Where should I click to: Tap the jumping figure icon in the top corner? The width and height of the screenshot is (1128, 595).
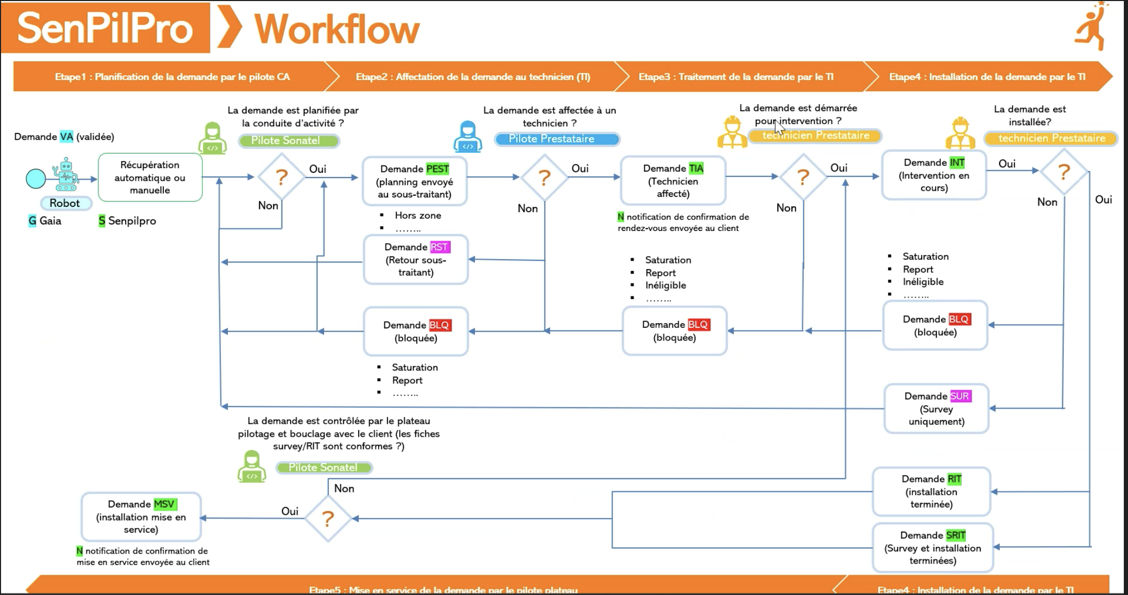(1092, 26)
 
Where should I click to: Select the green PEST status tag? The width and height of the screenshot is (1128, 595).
(437, 169)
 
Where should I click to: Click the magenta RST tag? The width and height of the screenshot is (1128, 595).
(439, 247)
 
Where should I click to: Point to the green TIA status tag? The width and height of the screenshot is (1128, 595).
(696, 168)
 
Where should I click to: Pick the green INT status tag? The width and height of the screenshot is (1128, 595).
(957, 162)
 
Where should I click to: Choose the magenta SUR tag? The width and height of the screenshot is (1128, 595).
(960, 396)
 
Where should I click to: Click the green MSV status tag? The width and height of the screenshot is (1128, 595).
(164, 504)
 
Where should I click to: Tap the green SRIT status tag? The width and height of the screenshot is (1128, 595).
(956, 535)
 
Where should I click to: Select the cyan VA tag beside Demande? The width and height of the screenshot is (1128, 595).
(67, 137)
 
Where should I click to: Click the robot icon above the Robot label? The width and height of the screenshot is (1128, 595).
(65, 174)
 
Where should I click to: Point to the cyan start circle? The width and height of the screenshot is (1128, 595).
(36, 179)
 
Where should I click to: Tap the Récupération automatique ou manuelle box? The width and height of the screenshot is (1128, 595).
(150, 177)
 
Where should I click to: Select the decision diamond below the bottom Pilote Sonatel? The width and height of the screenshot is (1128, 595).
(328, 519)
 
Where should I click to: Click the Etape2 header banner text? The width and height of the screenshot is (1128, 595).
(473, 77)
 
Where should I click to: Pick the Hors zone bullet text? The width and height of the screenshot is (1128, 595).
(417, 215)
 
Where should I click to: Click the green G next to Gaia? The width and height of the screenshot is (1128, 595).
(32, 221)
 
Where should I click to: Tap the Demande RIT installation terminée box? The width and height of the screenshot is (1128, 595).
(931, 491)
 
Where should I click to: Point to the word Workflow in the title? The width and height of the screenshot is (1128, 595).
(337, 29)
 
